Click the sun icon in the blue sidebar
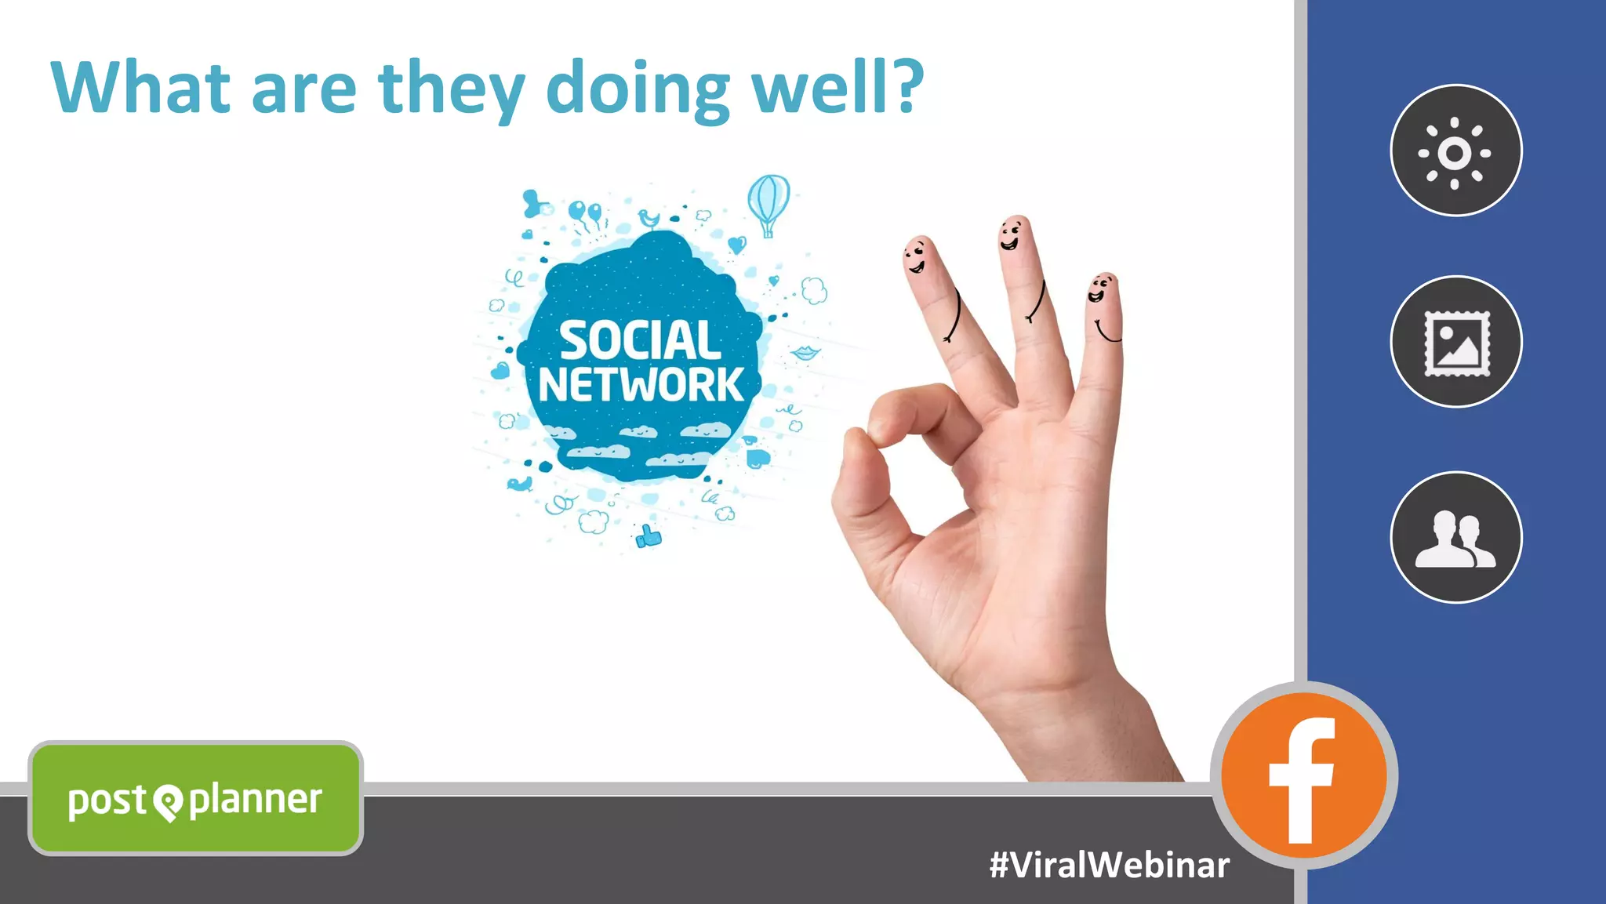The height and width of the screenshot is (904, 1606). (x=1455, y=151)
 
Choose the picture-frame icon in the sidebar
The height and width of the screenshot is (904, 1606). (x=1456, y=342)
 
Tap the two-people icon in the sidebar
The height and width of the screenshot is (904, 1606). (x=1456, y=538)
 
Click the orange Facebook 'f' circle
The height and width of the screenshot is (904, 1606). (x=1303, y=775)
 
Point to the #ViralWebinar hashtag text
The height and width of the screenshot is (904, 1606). (x=1109, y=865)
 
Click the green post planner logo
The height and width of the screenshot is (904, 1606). (x=195, y=799)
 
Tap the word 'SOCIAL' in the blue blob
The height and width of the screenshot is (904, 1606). (x=640, y=341)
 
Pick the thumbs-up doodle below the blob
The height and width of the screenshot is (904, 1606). (x=648, y=537)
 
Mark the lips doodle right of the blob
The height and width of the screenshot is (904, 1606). (x=805, y=353)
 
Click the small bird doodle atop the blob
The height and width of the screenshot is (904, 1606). (x=649, y=217)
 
